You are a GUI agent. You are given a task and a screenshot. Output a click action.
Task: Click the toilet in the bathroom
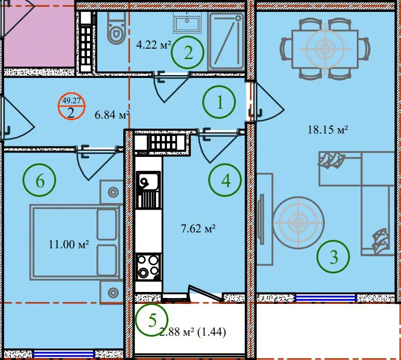point(116,28)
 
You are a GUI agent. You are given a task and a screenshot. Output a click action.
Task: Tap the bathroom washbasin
point(187,22)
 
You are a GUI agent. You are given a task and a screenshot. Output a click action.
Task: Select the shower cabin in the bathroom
point(226,41)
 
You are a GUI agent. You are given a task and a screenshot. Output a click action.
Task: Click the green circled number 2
point(188,52)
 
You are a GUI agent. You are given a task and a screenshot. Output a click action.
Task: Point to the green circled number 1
point(219,102)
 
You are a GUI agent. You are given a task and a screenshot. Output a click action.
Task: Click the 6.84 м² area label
point(112,115)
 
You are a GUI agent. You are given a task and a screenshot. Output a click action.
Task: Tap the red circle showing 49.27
point(72,106)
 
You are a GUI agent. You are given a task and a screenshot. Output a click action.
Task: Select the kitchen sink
point(149,190)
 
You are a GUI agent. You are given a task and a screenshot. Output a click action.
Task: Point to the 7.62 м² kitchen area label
point(198,228)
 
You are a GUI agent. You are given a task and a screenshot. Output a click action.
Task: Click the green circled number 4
point(225,180)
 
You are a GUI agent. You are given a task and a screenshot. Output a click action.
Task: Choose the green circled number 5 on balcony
point(152,320)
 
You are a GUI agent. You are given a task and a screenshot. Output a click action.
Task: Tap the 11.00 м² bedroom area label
point(69,244)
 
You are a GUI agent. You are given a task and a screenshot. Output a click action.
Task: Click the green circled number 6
point(39,180)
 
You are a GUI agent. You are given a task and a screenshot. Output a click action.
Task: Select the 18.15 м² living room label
point(327,130)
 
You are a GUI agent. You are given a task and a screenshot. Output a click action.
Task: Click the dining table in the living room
point(325,49)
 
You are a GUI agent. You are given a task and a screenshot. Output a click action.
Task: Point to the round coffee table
point(298,222)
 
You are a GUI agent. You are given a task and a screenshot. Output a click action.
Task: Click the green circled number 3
point(333,257)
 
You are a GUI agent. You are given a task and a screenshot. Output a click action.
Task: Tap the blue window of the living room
point(325,298)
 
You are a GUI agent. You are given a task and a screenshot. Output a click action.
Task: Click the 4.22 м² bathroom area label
point(154,45)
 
